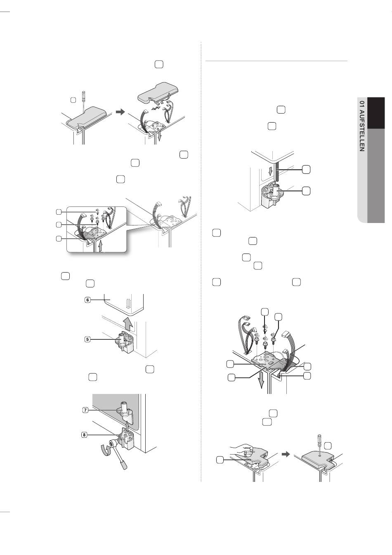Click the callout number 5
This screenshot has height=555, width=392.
[87, 339]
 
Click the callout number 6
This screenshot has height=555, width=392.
[87, 300]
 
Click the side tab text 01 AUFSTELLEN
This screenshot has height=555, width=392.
[362, 126]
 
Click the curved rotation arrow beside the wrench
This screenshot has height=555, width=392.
[104, 449]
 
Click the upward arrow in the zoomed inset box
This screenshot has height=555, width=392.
[100, 246]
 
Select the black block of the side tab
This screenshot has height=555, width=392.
[376, 113]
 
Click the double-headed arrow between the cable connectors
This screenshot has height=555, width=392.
[156, 109]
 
